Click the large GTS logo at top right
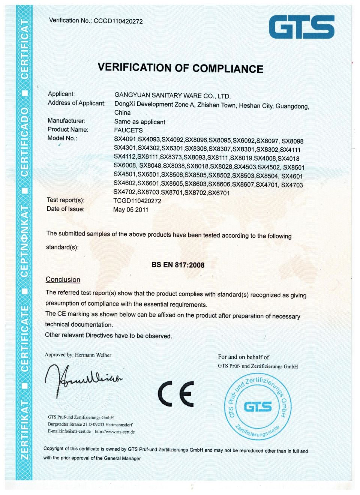(301, 27)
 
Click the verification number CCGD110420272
(118, 21)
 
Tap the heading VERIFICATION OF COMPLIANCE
(180, 68)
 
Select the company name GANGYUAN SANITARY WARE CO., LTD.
(172, 96)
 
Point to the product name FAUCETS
(128, 130)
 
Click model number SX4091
(125, 139)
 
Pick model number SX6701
(219, 193)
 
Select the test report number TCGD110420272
(137, 201)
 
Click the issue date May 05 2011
(131, 210)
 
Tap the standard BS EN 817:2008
(178, 265)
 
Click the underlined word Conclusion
(63, 280)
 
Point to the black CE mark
(176, 394)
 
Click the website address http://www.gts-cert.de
(115, 432)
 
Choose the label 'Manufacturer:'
(66, 121)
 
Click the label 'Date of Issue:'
(65, 209)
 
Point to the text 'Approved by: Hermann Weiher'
(78, 355)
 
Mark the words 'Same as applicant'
(139, 122)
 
